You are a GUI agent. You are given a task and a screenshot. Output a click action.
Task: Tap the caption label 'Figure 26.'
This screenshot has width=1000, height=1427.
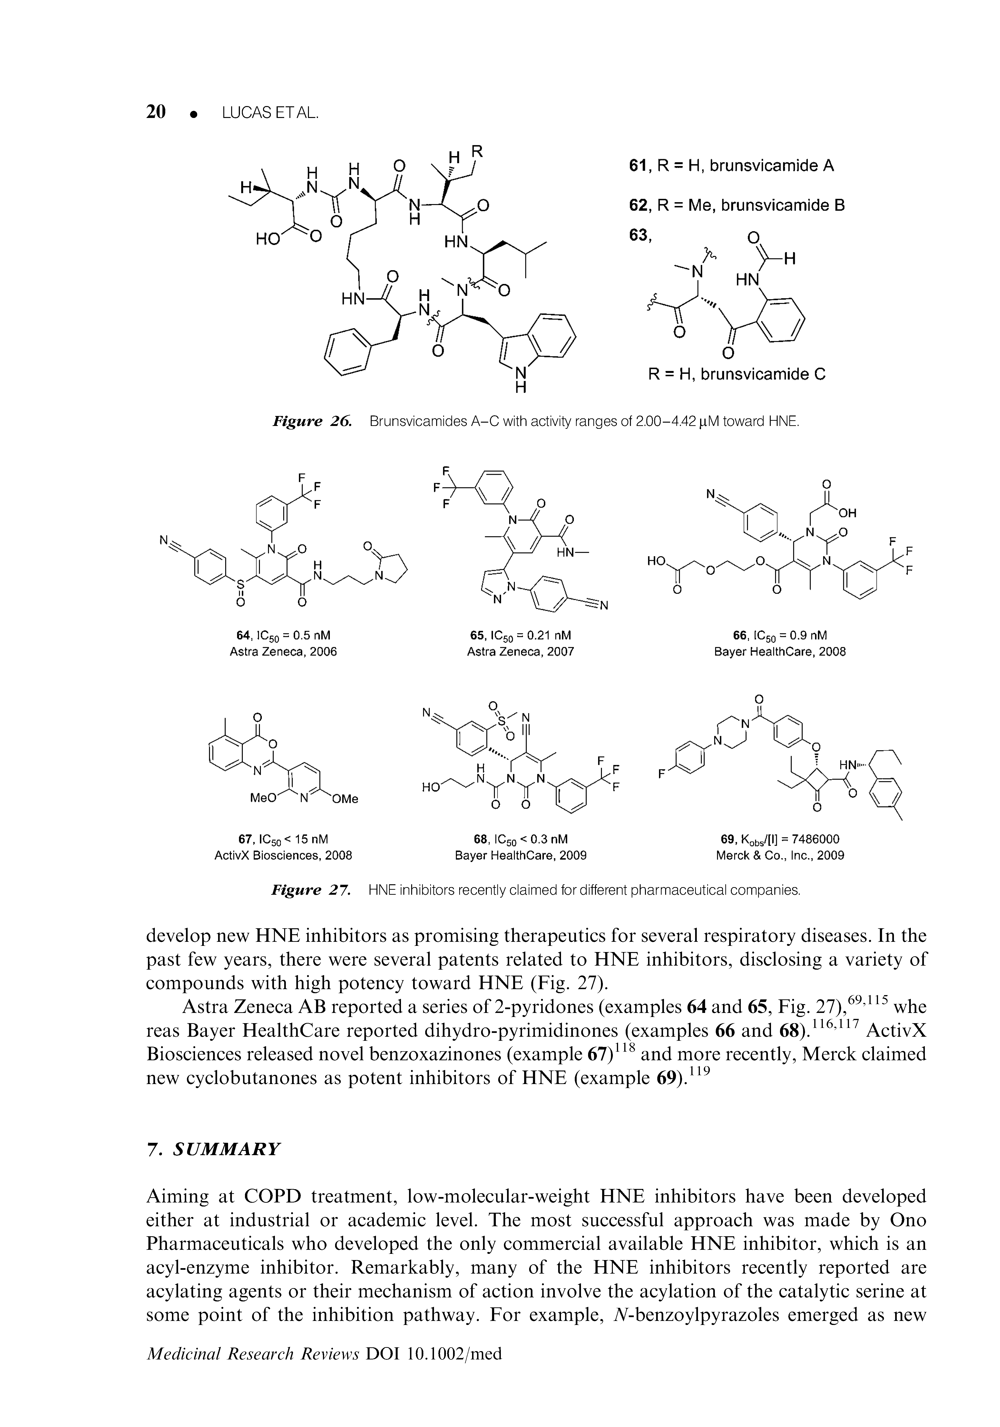(x=312, y=422)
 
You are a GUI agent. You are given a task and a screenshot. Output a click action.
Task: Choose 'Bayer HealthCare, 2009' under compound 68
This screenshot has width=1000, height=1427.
(x=521, y=856)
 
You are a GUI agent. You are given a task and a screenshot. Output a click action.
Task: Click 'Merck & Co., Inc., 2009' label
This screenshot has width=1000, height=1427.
(x=780, y=856)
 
